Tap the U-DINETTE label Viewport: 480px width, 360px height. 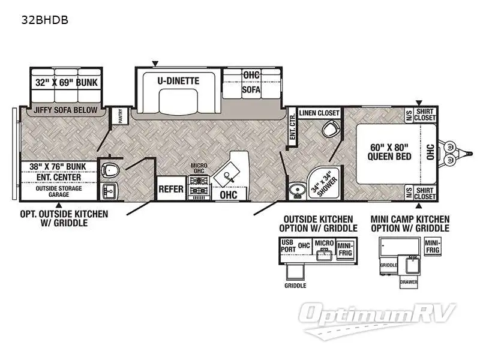click(178, 81)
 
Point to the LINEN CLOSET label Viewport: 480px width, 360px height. click(319, 113)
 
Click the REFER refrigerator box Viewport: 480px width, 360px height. click(170, 189)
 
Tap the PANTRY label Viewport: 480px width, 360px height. click(120, 116)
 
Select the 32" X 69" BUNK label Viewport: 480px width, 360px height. click(66, 83)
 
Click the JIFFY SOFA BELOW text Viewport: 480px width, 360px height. click(64, 111)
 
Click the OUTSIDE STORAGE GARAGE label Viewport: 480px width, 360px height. click(59, 191)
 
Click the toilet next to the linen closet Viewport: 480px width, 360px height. click(329, 129)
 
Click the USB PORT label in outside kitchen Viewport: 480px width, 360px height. click(289, 245)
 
